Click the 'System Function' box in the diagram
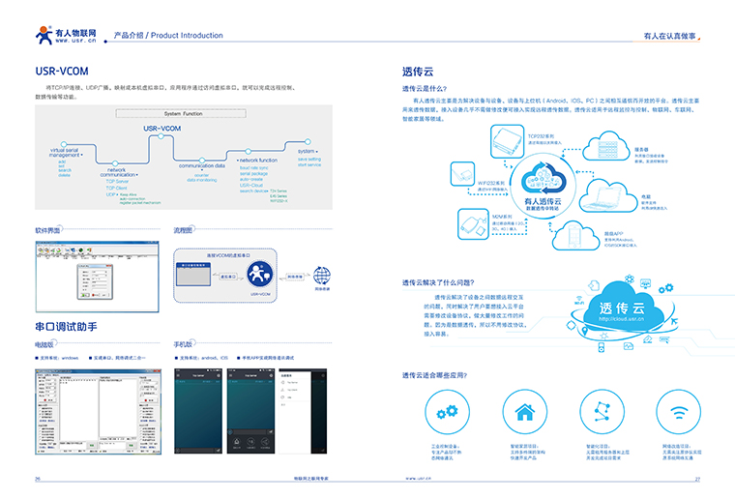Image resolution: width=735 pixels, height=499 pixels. point(184,114)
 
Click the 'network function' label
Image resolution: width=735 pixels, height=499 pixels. point(258,160)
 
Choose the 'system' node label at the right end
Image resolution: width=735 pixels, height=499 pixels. point(307,152)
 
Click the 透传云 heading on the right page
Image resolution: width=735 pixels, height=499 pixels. point(419,71)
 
